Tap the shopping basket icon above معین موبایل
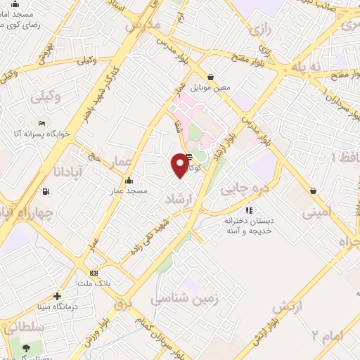(210, 77)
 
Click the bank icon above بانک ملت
(94, 273)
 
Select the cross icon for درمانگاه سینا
(58, 296)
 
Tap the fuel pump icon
(46, 191)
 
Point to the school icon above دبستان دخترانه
(247, 210)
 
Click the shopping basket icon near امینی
(312, 190)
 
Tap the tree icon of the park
(27, 348)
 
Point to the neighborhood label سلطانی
(22, 327)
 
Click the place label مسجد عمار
(127, 191)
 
